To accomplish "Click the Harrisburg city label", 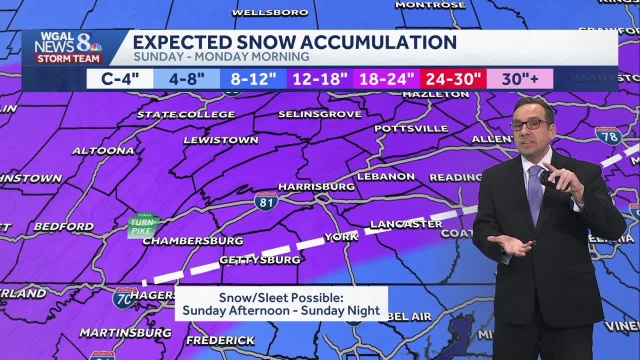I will tap(316, 187).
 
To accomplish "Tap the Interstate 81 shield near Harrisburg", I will tap(265, 200).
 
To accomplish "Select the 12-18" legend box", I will tap(320, 79).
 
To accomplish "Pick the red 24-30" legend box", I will tap(453, 79).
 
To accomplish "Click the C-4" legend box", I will tap(120, 79).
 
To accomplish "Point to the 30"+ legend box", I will tap(520, 79).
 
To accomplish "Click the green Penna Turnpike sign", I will tap(143, 225).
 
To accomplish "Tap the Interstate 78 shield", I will tap(608, 136).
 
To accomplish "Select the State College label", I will tap(186, 114).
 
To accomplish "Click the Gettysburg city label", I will tap(260, 260).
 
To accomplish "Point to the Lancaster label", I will tap(406, 224).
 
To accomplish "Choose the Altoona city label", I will tap(103, 150).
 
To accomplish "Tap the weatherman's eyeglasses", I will tap(530, 124).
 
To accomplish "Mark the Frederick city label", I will tap(220, 340).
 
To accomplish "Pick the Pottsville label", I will tap(411, 128).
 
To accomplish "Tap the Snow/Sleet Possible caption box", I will tap(281, 304).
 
